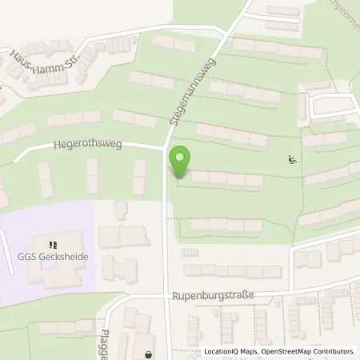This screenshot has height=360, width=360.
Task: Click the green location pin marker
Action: pos(180,162)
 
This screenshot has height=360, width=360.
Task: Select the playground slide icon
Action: pos(291,160)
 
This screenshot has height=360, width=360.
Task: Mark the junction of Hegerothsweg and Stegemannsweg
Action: pos(166,149)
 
